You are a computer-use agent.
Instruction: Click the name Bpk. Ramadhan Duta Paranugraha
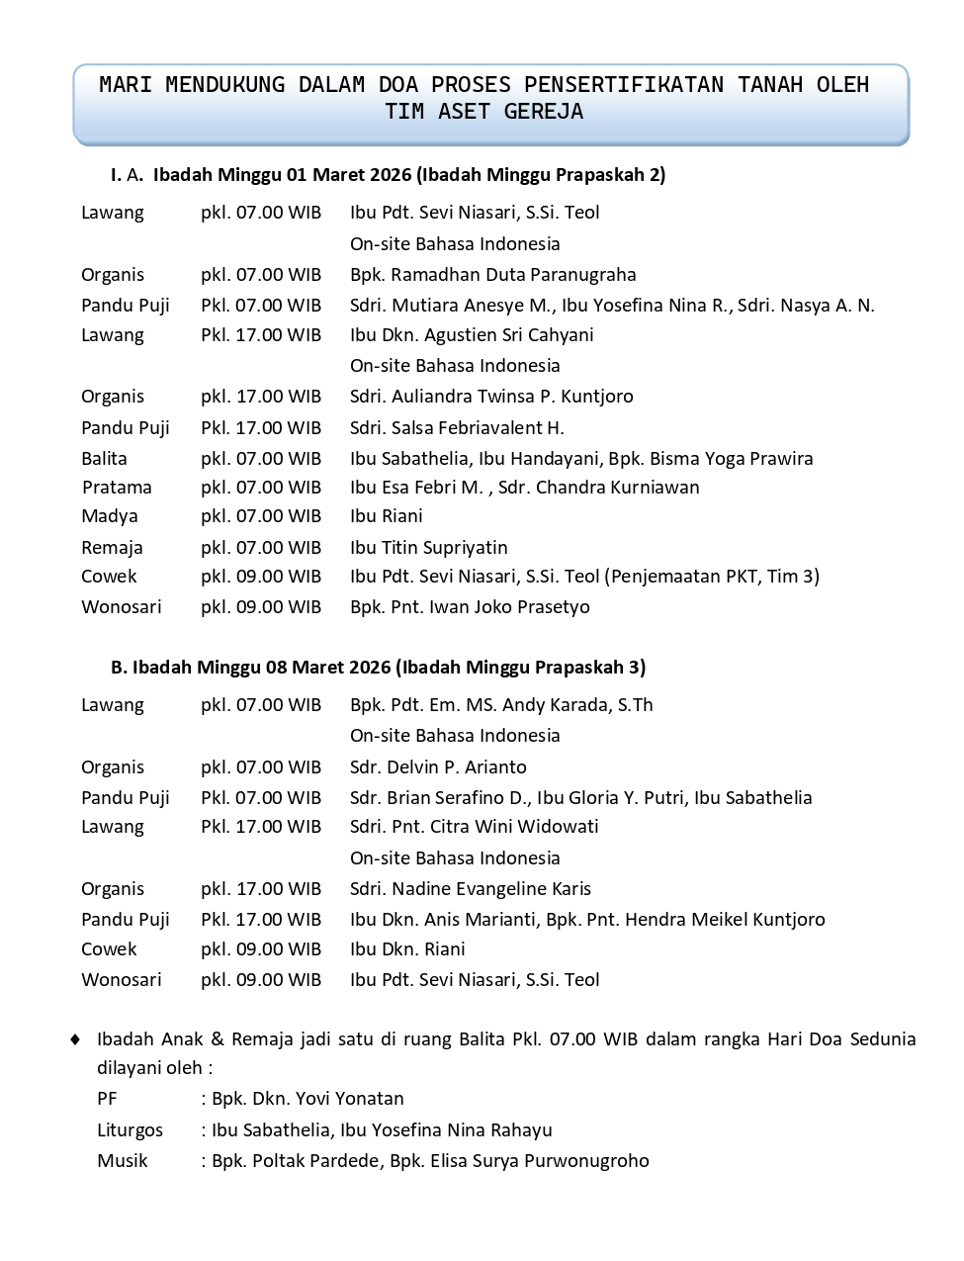tap(492, 275)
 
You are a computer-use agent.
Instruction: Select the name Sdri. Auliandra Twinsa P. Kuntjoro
tap(491, 397)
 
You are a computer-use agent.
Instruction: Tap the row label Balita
tap(104, 459)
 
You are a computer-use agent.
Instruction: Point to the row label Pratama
tap(117, 488)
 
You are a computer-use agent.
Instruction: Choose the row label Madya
tap(110, 516)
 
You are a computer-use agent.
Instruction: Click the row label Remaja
tap(112, 548)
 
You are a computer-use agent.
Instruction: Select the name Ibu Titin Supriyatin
tap(428, 548)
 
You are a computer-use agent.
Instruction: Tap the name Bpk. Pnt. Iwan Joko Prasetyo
tap(470, 607)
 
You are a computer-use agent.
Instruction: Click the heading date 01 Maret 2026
tap(348, 175)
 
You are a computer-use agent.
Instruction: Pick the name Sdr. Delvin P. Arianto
tap(438, 767)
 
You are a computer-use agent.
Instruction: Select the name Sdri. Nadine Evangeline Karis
tap(471, 889)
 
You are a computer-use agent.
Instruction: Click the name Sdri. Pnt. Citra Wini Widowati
tap(474, 827)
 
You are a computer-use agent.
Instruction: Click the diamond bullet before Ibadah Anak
tap(75, 1039)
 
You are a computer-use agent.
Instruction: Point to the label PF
tap(107, 1099)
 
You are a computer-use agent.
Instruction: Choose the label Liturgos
tap(130, 1130)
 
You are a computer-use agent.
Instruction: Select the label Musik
tap(122, 1161)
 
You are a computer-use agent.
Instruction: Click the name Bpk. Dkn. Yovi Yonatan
tap(307, 1099)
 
